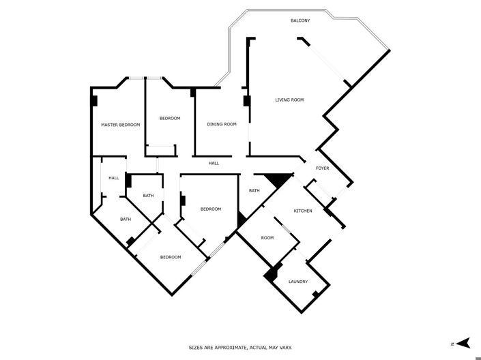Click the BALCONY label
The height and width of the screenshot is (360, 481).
click(300, 21)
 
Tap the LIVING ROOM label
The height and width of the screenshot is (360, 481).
click(289, 100)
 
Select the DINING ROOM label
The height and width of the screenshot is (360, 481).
click(222, 124)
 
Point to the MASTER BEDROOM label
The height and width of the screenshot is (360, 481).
click(120, 125)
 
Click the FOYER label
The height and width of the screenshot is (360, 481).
click(322, 168)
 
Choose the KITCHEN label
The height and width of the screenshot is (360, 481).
click(303, 211)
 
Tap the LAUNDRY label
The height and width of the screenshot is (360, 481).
click(297, 282)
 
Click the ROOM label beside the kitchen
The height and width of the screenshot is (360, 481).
click(267, 238)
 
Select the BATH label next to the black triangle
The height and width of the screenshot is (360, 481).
click(254, 190)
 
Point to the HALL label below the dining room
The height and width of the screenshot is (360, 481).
click(214, 164)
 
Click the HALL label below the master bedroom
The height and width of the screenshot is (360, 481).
click(113, 178)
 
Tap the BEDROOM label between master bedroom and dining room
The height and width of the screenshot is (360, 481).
click(170, 119)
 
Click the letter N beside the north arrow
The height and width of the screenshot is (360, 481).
click(452, 342)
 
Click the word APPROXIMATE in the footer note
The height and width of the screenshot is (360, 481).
click(231, 348)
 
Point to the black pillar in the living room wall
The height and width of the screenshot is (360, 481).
click(246, 102)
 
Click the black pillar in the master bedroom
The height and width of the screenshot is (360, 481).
click(94, 101)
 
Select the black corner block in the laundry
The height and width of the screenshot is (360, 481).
click(270, 273)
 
